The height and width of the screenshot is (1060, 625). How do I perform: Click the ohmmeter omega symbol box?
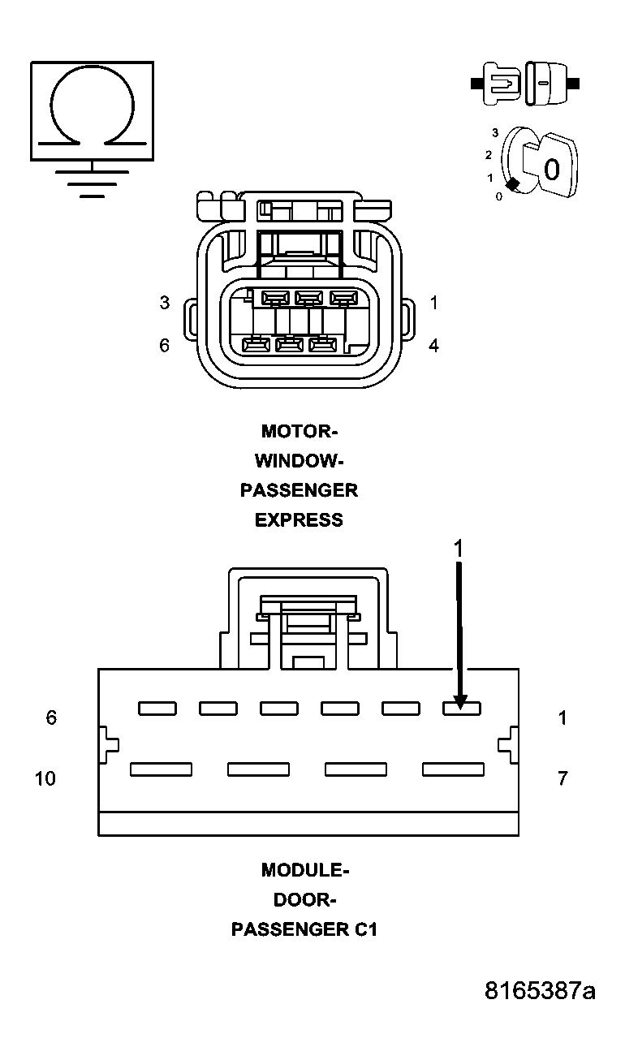(92, 110)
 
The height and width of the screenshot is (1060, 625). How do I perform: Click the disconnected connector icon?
(524, 83)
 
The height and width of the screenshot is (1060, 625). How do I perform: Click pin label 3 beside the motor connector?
(165, 303)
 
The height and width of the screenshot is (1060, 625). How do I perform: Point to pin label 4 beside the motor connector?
(434, 346)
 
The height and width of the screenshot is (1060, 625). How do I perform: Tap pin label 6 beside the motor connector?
(165, 346)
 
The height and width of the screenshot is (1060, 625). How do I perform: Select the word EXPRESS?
(299, 520)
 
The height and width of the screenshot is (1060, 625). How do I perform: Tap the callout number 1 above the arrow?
(458, 549)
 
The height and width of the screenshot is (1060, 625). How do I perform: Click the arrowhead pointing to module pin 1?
(460, 700)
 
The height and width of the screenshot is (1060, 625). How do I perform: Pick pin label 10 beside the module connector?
(45, 778)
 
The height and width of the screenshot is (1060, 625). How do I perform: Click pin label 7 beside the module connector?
(562, 778)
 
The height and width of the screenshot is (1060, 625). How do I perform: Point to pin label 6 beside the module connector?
(51, 718)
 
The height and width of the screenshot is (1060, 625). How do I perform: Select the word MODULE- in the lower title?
(305, 870)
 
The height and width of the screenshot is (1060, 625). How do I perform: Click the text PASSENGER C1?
(304, 930)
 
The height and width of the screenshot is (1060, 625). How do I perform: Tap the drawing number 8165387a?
(540, 991)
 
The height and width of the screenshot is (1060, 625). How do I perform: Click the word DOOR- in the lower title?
(304, 900)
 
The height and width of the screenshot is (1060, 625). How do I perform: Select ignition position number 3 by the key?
(495, 131)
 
